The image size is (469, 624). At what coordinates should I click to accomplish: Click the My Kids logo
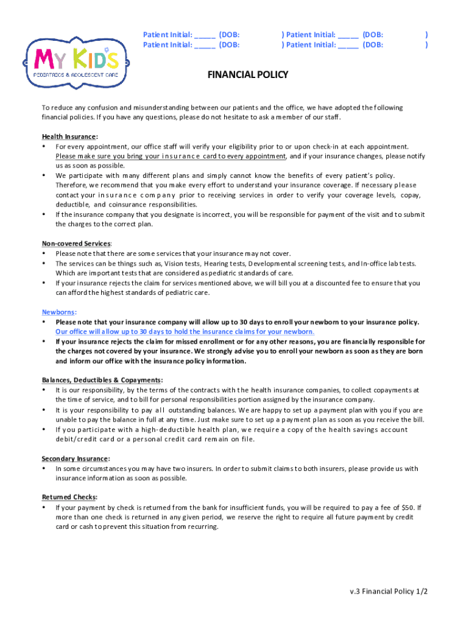(71, 60)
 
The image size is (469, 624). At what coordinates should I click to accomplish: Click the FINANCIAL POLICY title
(248, 75)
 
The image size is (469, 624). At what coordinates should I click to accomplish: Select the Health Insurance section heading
(69, 136)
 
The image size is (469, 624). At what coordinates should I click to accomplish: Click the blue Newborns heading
(58, 312)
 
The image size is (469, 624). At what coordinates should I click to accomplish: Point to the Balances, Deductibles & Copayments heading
(102, 380)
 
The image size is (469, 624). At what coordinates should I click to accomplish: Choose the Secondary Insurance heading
(76, 459)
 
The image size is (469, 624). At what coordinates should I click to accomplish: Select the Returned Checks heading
(69, 497)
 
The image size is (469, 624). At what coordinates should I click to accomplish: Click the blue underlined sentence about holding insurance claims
(185, 331)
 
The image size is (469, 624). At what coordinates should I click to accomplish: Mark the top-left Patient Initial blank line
(205, 35)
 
